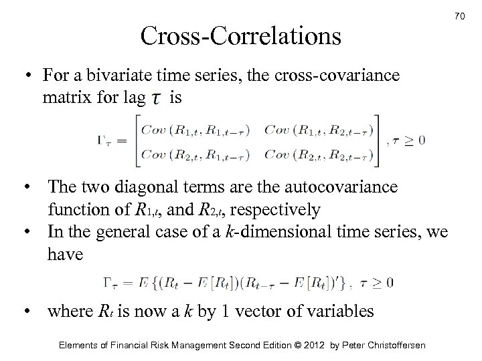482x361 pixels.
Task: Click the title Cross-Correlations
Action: click(240, 35)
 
